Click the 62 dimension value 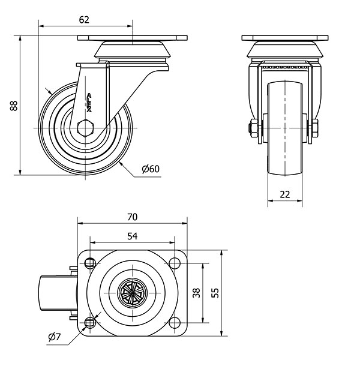(x=84, y=19)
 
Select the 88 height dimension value (x=13, y=106)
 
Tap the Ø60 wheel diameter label (x=151, y=169)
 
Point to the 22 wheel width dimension (x=284, y=194)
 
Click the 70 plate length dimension (x=133, y=217)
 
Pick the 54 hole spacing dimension (x=133, y=236)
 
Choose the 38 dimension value (x=196, y=293)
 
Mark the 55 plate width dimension (x=213, y=293)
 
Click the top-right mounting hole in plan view (x=175, y=263)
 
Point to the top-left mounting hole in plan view (x=91, y=263)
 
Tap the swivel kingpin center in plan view (x=132, y=293)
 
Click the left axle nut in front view (x=253, y=128)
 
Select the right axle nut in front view (x=314, y=128)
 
